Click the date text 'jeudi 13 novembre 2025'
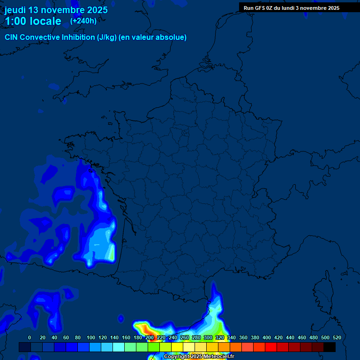[56, 10]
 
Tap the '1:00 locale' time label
[33, 21]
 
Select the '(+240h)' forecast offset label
[83, 21]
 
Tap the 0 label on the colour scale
[30, 337]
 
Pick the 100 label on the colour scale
[91, 337]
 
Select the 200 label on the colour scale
[150, 337]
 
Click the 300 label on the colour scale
[208, 337]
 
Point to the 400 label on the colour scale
[267, 337]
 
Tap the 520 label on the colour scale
[337, 337]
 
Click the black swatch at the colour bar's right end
[330, 347]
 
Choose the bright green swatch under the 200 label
[154, 347]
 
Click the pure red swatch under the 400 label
[271, 347]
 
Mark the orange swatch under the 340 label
[236, 347]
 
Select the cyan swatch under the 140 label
[119, 347]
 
